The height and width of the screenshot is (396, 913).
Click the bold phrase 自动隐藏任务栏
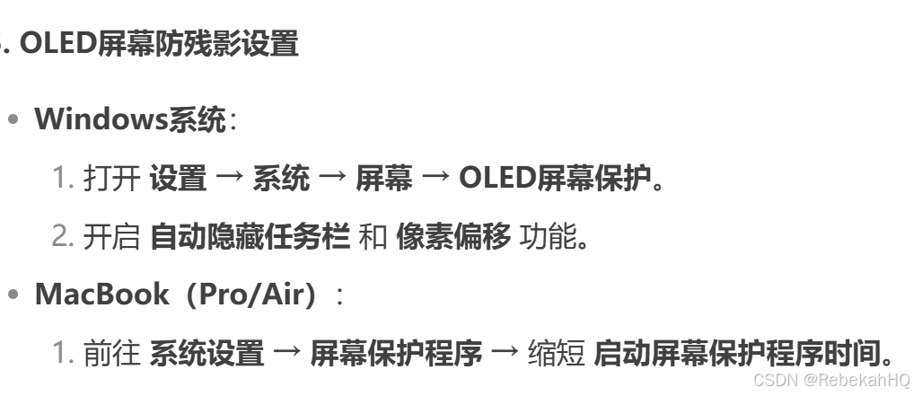[x=249, y=237]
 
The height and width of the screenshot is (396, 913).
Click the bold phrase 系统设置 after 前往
[x=206, y=354]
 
